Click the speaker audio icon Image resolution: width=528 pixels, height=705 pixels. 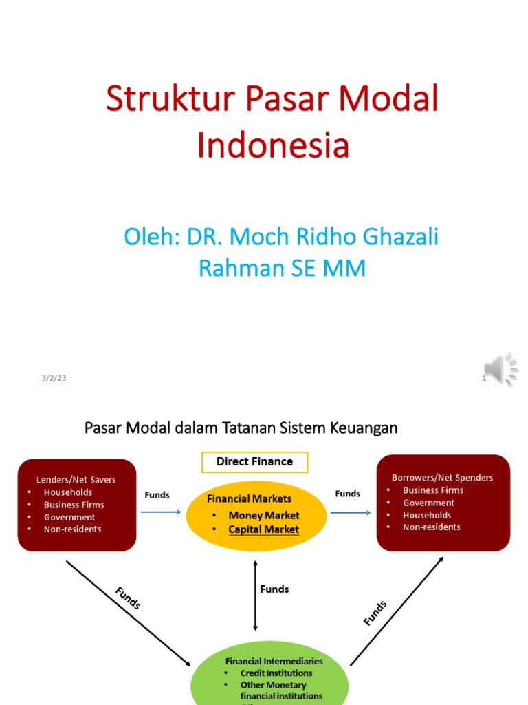coord(500,370)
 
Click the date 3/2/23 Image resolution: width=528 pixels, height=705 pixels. coord(53,378)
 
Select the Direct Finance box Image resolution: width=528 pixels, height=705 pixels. coord(254,462)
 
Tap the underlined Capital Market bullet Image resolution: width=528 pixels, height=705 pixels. coord(263,529)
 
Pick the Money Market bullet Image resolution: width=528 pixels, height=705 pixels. coord(263,515)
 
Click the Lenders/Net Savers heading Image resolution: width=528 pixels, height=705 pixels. coord(76,479)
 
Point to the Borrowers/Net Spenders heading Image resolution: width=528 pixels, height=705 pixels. coord(442,477)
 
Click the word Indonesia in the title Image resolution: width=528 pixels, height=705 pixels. coord(273,145)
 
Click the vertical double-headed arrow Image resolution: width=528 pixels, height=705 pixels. coord(255,596)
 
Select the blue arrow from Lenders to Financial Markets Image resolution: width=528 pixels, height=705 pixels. coord(161,512)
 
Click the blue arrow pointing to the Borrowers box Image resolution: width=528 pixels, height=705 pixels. coord(351,512)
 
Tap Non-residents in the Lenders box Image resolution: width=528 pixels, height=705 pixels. coord(72,529)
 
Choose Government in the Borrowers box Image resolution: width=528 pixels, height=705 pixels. coord(428,503)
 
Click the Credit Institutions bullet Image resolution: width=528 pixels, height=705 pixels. coord(276,673)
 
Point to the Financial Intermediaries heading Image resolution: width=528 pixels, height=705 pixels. coord(274,661)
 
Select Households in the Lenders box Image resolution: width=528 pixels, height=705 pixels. coord(67,492)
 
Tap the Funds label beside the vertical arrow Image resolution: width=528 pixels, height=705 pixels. coord(274,589)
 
